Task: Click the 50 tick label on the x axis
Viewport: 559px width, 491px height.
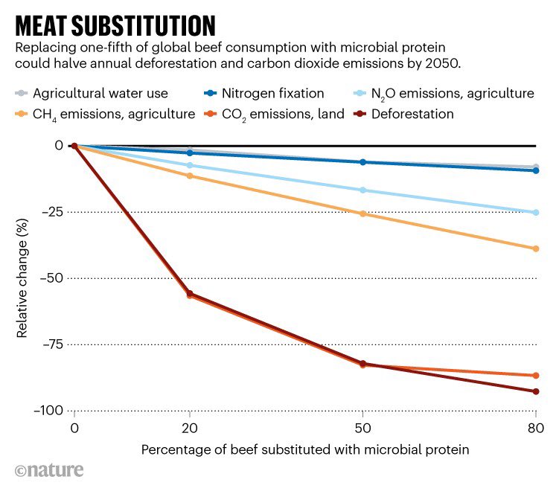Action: coord(362,430)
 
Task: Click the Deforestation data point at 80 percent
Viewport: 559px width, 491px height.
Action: coord(536,391)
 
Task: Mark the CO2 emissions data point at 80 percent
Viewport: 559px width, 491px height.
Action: coord(536,376)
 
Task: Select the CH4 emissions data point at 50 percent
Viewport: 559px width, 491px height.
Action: coord(362,214)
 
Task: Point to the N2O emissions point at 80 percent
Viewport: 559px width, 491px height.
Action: coord(536,213)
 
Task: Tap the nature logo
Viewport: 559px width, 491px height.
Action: coord(49,470)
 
